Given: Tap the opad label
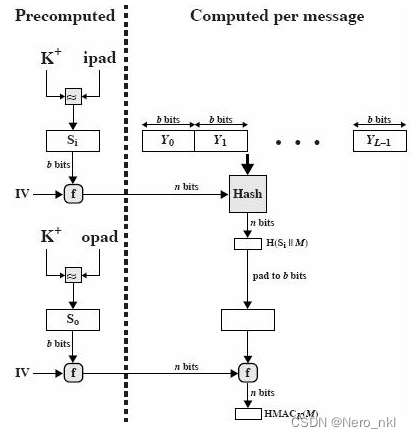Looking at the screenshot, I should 101,239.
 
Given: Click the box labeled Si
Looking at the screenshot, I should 72,141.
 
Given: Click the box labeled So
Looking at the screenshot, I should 72,321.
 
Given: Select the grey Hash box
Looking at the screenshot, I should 246,191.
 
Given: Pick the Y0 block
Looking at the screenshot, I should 168,141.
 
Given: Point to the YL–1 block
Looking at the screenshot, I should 379,141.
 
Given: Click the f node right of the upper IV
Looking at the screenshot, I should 72,191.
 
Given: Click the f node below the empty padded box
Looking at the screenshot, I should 246,372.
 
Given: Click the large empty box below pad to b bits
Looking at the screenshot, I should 246,320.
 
